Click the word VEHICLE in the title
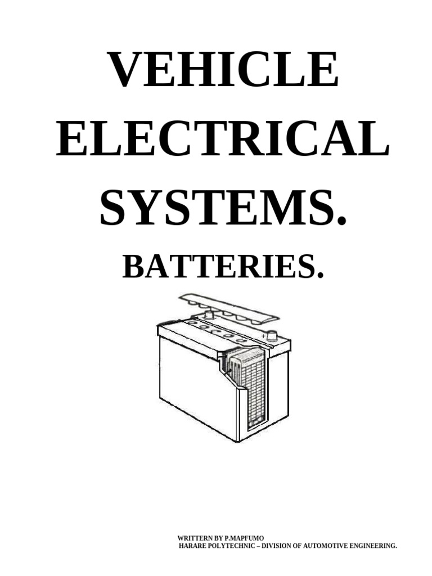(x=224, y=70)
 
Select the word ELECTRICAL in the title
(x=222, y=138)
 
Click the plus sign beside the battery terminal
(x=263, y=336)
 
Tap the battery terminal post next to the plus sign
(x=273, y=336)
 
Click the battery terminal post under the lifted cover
(x=209, y=315)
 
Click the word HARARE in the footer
(x=193, y=546)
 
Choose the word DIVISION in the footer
(x=276, y=546)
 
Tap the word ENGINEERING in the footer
(x=372, y=546)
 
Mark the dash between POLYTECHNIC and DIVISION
(x=256, y=546)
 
